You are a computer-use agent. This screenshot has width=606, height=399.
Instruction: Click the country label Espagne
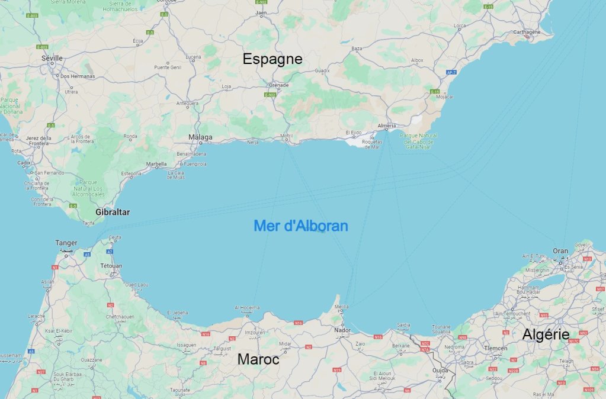pos(272,59)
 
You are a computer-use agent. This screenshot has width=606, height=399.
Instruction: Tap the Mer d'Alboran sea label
pos(301,226)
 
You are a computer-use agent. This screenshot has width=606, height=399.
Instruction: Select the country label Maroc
pos(258,359)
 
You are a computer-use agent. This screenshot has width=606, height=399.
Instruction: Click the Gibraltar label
pos(113,211)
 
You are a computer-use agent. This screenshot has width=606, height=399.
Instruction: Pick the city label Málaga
pos(200,137)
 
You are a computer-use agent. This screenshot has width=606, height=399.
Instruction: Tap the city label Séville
pos(52,58)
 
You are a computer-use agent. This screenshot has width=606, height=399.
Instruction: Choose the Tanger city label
pos(66,243)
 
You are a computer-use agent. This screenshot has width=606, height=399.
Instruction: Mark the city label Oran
pos(560,251)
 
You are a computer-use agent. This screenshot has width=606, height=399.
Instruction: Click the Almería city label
pos(386,126)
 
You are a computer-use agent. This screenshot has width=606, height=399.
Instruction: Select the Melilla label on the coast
pos(342,306)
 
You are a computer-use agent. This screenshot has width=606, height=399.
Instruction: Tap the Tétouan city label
pos(111,266)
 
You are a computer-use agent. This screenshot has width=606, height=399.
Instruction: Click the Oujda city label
pos(440,371)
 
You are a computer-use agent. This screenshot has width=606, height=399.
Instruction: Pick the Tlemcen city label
pos(495,348)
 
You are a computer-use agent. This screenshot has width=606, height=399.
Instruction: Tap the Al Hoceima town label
pos(247,307)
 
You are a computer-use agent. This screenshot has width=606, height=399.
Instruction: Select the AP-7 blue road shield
pos(452,72)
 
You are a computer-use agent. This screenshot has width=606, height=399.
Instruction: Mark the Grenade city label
pos(279,85)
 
